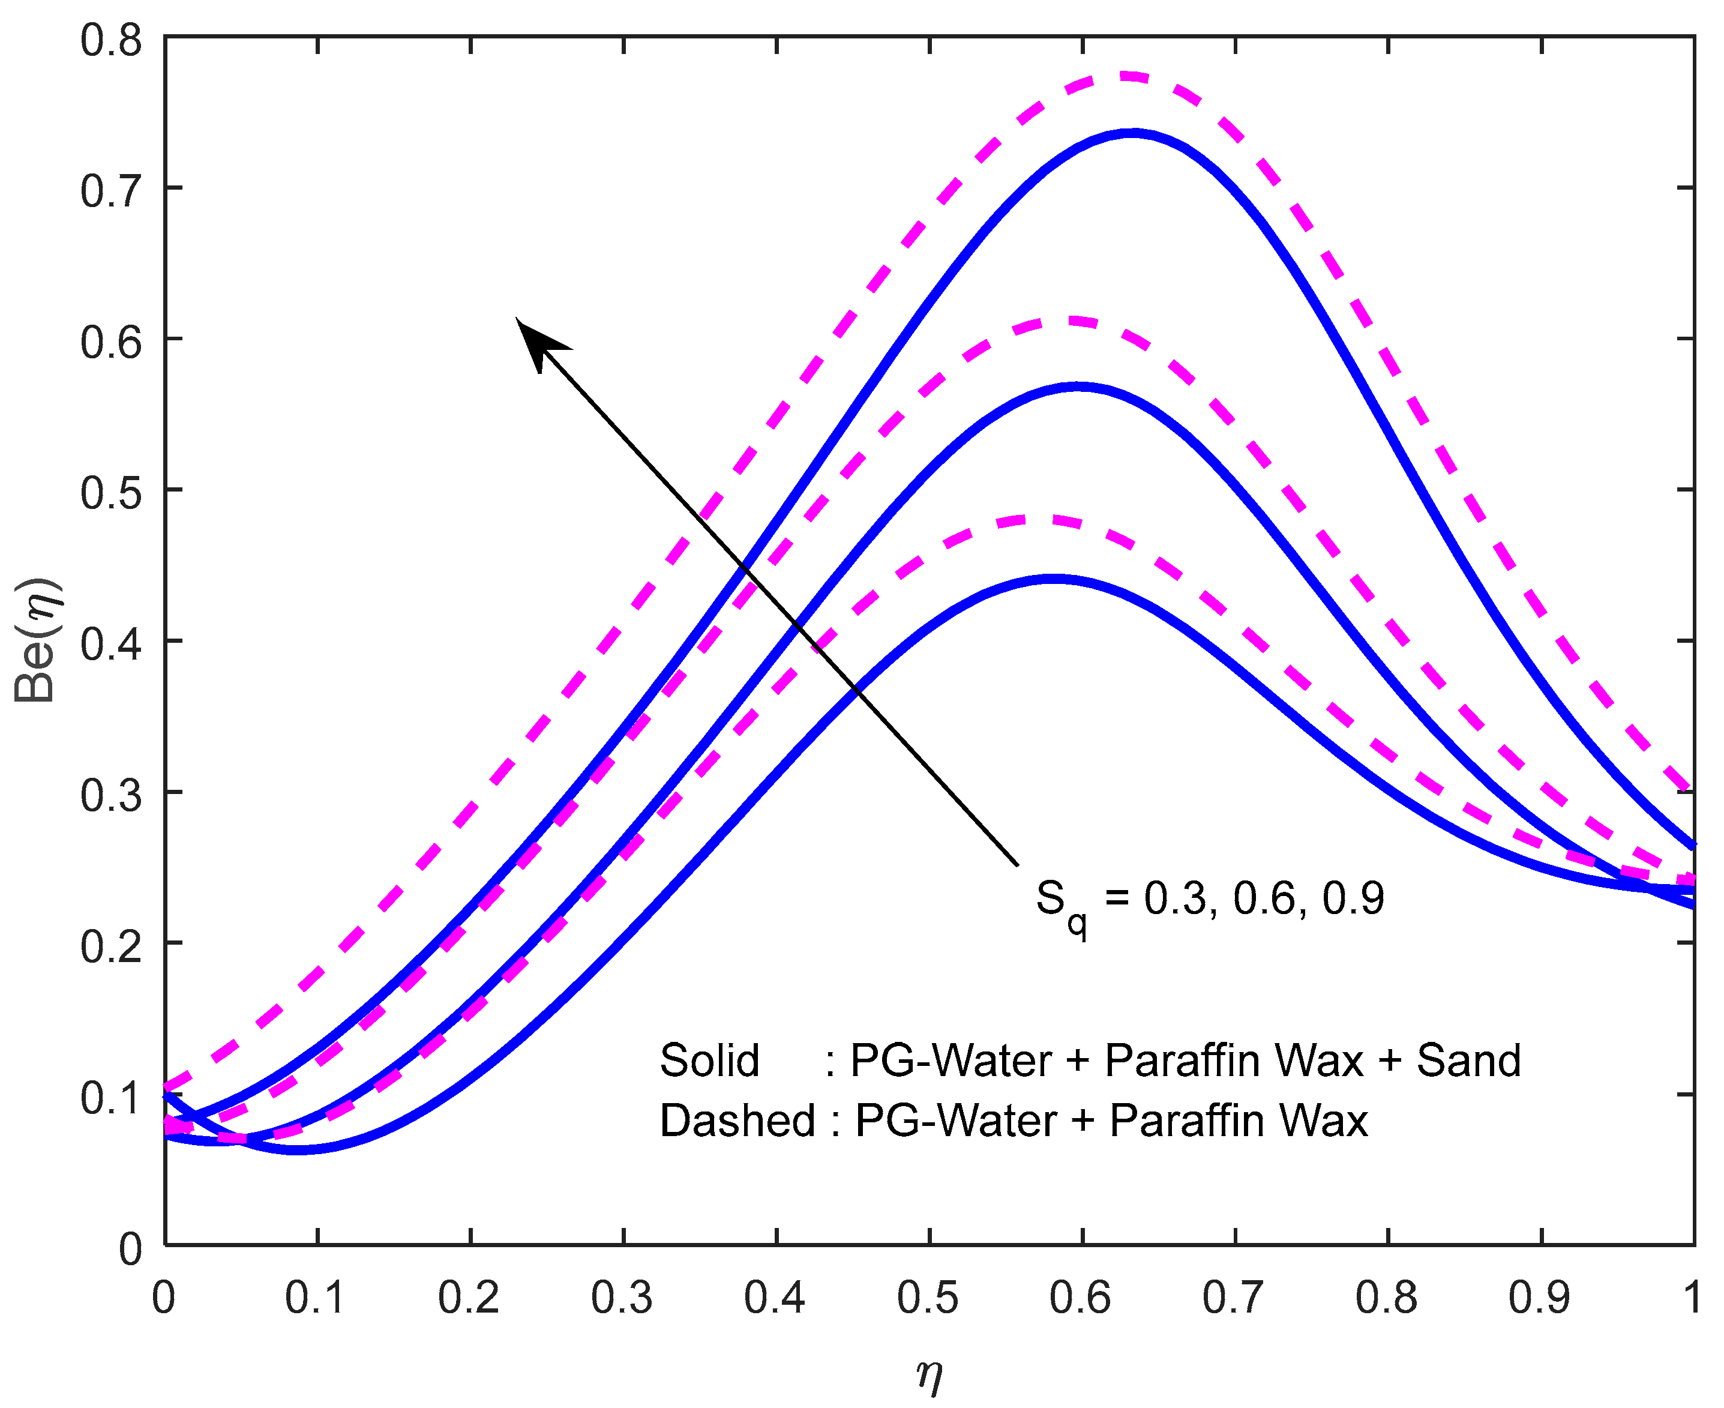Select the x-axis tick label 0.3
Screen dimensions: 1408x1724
[x=622, y=1298]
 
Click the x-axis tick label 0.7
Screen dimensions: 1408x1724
[x=1233, y=1298]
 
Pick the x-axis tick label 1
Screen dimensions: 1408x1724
[x=1692, y=1298]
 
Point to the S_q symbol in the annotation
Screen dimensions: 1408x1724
[x=1059, y=904]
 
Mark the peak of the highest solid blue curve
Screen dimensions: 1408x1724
[x=1133, y=133]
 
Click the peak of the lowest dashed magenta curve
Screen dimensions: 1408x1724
[x=1038, y=519]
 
